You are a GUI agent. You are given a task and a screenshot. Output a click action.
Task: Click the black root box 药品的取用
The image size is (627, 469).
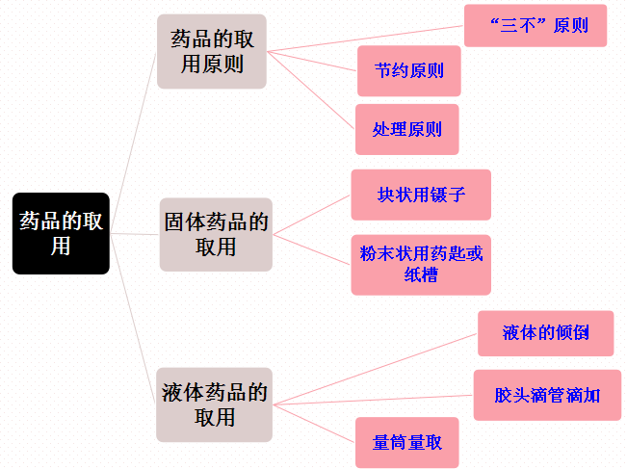click(x=60, y=233)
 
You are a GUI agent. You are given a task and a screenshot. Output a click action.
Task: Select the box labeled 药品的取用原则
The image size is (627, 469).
click(x=212, y=52)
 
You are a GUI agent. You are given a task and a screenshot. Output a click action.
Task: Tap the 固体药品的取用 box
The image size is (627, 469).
click(x=216, y=234)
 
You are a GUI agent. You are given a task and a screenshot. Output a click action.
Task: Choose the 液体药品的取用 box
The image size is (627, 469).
click(x=215, y=404)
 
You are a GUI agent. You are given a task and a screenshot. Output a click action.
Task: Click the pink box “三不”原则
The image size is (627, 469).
click(x=536, y=26)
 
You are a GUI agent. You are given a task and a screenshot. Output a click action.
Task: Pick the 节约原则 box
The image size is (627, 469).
click(x=408, y=71)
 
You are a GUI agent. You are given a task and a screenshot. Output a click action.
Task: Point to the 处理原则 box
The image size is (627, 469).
click(x=406, y=129)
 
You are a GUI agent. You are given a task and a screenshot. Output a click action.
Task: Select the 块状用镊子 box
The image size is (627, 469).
click(x=421, y=195)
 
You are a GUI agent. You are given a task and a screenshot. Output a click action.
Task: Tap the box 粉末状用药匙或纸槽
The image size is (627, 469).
click(x=421, y=264)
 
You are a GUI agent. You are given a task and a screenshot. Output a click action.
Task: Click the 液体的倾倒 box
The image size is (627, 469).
click(x=545, y=333)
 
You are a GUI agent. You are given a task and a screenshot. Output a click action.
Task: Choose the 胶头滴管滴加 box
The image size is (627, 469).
click(x=546, y=395)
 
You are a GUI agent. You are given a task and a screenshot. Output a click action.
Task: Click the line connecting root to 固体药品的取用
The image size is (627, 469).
click(x=134, y=234)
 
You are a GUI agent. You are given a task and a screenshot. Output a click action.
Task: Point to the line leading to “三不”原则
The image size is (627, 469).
click(x=366, y=37)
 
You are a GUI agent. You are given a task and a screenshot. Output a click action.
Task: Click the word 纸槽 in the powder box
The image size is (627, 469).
click(x=421, y=274)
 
